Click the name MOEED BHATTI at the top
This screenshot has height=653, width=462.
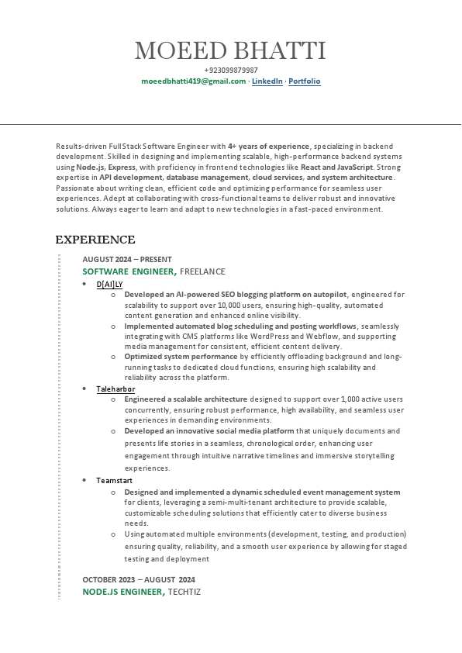click(x=230, y=51)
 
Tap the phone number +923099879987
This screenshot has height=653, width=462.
click(x=230, y=71)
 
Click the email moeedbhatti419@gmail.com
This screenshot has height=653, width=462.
click(x=193, y=81)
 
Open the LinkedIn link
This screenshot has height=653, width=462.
click(x=267, y=81)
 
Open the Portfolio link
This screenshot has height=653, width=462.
click(x=305, y=81)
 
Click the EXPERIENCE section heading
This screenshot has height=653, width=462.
click(x=95, y=240)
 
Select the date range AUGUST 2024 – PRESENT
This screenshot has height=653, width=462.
click(x=127, y=259)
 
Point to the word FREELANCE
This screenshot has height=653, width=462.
click(x=203, y=271)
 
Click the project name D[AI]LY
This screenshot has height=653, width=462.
click(x=109, y=284)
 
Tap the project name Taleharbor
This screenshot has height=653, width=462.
click(x=115, y=389)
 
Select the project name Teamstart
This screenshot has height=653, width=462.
click(x=114, y=481)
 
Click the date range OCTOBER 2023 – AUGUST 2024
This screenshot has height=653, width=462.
click(x=139, y=579)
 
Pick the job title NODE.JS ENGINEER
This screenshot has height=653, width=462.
click(x=123, y=592)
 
